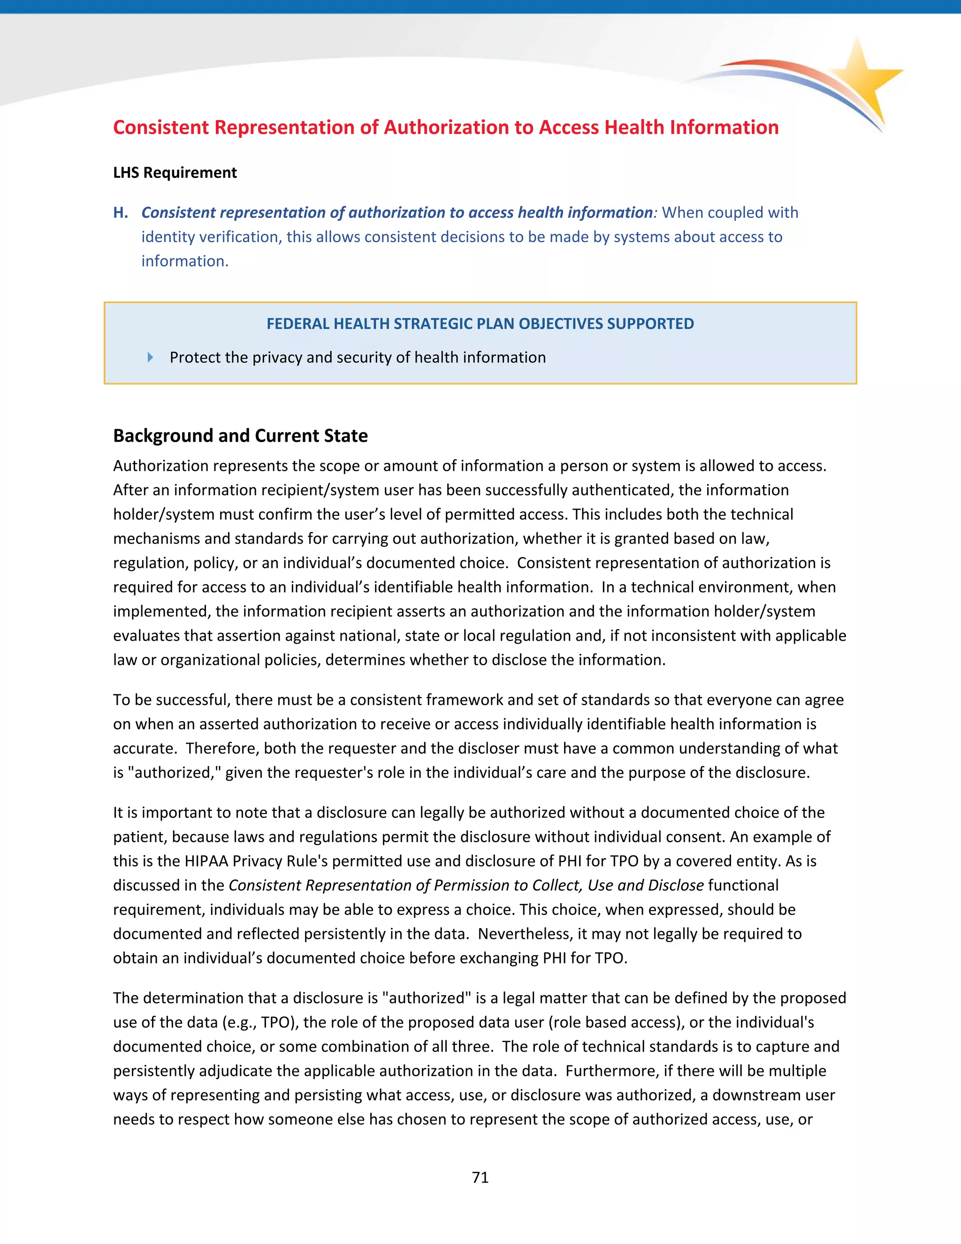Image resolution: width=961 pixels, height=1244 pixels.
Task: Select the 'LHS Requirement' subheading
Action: (x=175, y=173)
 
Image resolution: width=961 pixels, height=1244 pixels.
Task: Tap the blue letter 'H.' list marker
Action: (x=120, y=213)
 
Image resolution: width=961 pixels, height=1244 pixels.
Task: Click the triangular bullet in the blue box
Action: (x=150, y=357)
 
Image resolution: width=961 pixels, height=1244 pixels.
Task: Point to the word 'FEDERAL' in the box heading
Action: (x=298, y=323)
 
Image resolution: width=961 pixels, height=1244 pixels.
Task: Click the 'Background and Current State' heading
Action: (x=240, y=436)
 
